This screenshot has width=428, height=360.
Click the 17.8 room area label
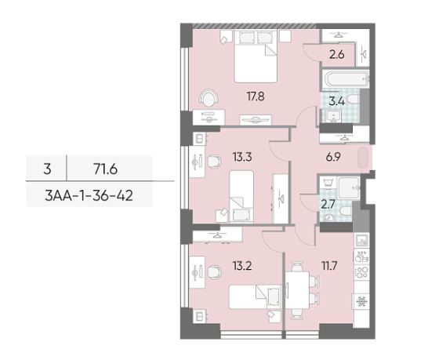click(x=256, y=96)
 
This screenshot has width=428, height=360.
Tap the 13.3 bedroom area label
click(x=242, y=157)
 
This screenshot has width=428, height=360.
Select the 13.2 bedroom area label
click(x=242, y=266)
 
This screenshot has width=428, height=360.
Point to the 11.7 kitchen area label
click(x=329, y=266)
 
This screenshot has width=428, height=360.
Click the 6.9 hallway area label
click(x=333, y=157)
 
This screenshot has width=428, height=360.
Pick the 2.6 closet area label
click(x=337, y=55)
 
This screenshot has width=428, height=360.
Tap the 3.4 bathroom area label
click(x=337, y=102)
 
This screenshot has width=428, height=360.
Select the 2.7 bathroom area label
click(x=328, y=204)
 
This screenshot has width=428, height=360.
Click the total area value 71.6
click(x=105, y=169)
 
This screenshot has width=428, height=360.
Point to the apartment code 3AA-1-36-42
click(x=89, y=195)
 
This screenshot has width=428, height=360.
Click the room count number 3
click(x=47, y=169)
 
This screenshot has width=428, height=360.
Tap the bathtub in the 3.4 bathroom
click(x=346, y=79)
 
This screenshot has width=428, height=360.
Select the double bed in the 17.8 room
click(x=256, y=56)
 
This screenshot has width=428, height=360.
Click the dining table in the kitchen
click(x=298, y=290)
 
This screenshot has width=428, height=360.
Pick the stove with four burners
click(x=361, y=272)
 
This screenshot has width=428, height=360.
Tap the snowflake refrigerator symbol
click(x=361, y=302)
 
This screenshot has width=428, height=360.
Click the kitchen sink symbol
click(x=361, y=241)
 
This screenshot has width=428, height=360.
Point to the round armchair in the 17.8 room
click(x=209, y=98)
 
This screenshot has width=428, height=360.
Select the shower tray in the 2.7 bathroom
click(x=349, y=187)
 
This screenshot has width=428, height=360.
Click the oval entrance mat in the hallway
click(x=363, y=158)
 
